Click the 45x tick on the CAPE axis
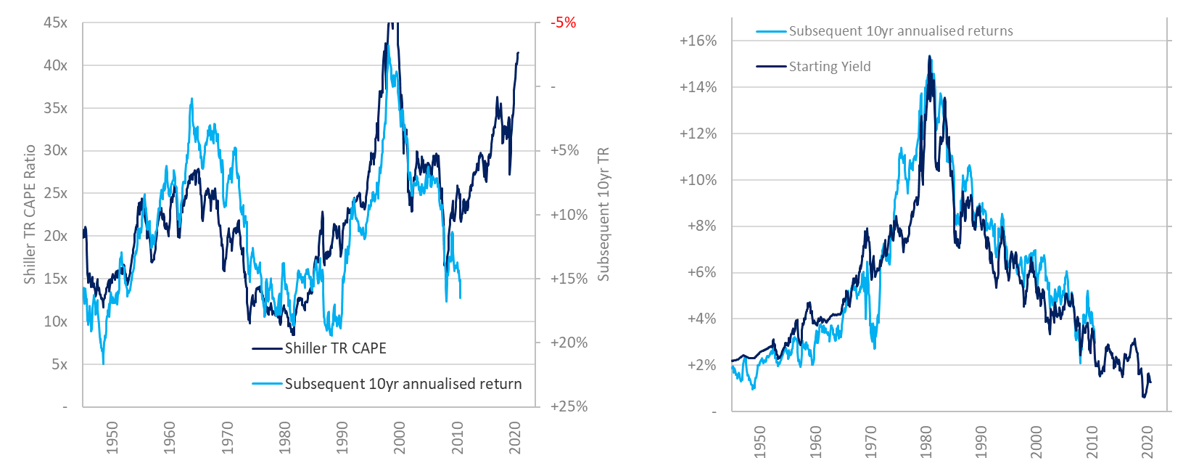pyautogui.click(x=55, y=22)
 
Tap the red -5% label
pyautogui.click(x=563, y=22)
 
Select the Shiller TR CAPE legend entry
pyautogui.click(x=335, y=348)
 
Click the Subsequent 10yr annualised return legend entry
pyautogui.click(x=403, y=384)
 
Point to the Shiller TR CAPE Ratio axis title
pyautogui.click(x=30, y=214)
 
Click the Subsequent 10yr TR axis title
pyautogui.click(x=603, y=214)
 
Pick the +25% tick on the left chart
pyautogui.click(x=569, y=406)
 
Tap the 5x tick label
pyautogui.click(x=59, y=364)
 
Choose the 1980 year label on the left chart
pyautogui.click(x=284, y=438)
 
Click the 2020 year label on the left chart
pyautogui.click(x=515, y=438)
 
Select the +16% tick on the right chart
pyautogui.click(x=698, y=41)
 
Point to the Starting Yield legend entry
pyautogui.click(x=830, y=66)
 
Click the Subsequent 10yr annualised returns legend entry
pyautogui.click(x=901, y=31)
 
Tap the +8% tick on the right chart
pyautogui.click(x=701, y=226)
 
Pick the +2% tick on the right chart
pyautogui.click(x=701, y=365)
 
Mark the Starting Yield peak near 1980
pyautogui.click(x=929, y=56)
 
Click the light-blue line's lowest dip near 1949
pyautogui.click(x=103, y=363)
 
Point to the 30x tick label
pyautogui.click(x=55, y=150)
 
